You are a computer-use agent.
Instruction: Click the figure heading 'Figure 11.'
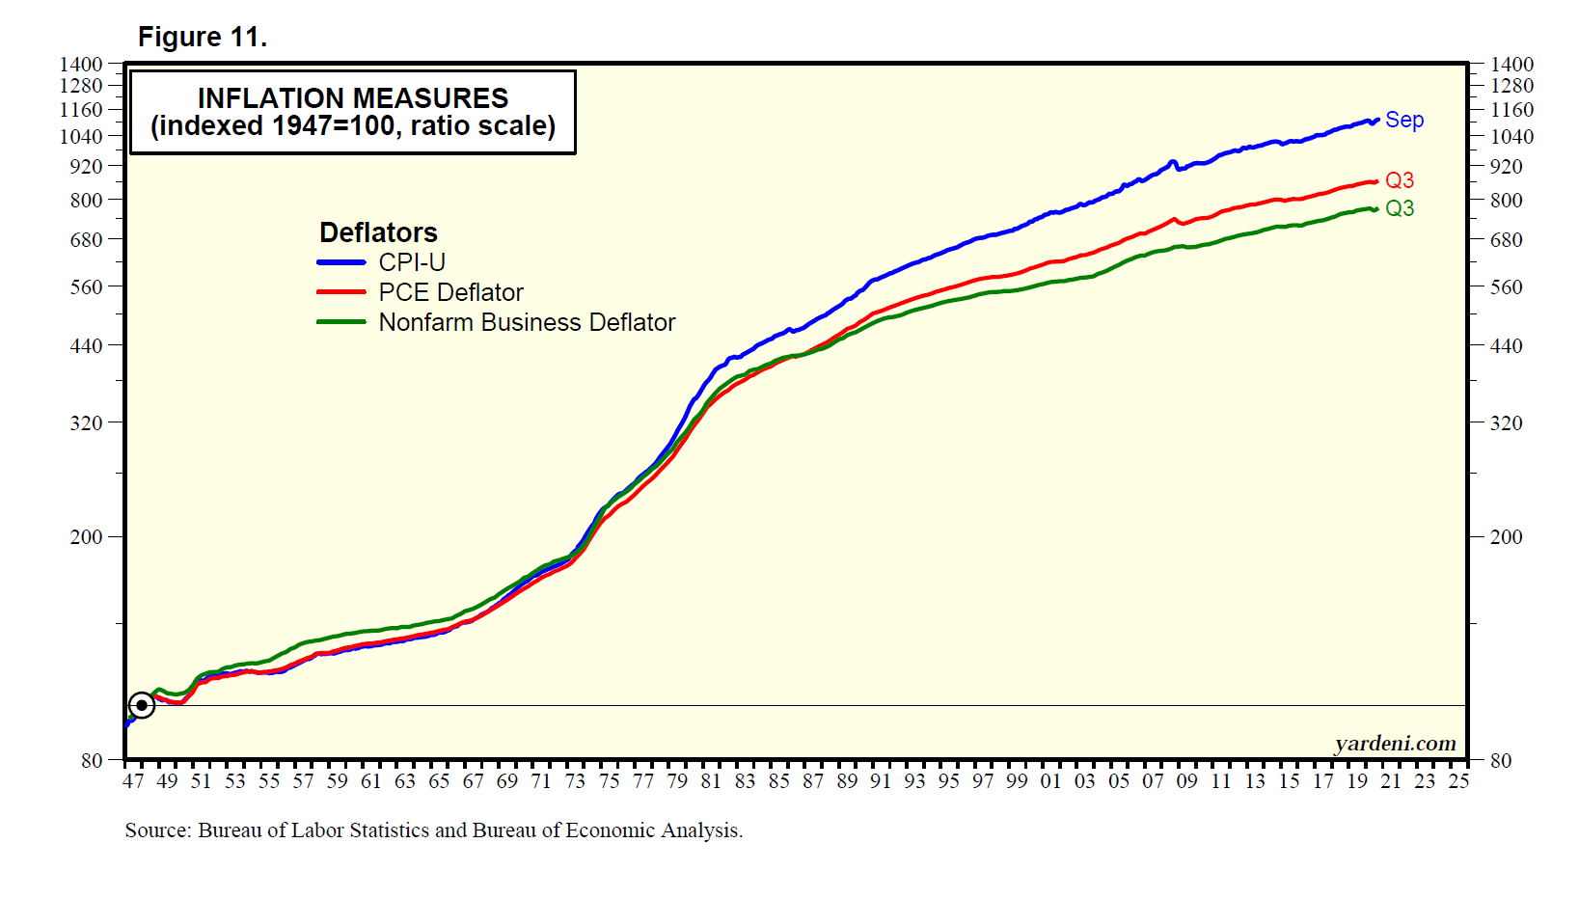coord(203,37)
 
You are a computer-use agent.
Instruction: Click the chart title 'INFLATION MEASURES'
coord(352,98)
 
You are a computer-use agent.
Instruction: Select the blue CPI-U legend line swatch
coord(340,262)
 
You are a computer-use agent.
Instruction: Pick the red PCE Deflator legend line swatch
coord(340,292)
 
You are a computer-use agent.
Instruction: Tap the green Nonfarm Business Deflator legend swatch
coord(340,322)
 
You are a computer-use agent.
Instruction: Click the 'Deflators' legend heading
coord(378,232)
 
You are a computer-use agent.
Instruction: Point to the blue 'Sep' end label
coord(1403,121)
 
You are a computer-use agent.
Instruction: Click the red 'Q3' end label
coord(1399,180)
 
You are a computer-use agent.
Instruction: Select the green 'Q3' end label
coord(1399,208)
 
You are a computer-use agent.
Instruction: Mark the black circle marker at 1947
coord(142,705)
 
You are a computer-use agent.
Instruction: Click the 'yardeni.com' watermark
coord(1395,744)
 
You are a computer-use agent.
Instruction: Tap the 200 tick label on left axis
coord(86,537)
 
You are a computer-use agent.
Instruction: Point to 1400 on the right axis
coord(1511,65)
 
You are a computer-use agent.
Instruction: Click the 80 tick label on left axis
coord(92,761)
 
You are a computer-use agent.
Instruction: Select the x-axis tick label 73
coord(575,781)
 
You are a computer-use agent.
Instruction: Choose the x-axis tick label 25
coord(1458,781)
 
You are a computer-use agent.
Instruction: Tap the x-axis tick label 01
coord(1050,781)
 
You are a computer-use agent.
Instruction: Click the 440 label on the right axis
coord(1506,346)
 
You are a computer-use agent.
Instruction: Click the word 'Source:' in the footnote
coord(157,830)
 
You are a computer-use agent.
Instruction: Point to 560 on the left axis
coord(86,287)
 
